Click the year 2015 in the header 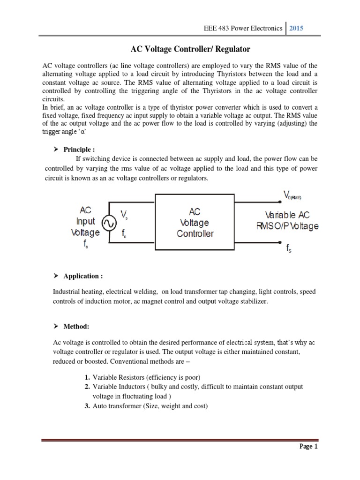pos(296,28)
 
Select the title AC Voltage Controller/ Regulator pos(180,49)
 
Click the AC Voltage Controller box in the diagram pos(195,223)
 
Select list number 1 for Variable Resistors pos(87,377)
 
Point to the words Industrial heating pos(79,292)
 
